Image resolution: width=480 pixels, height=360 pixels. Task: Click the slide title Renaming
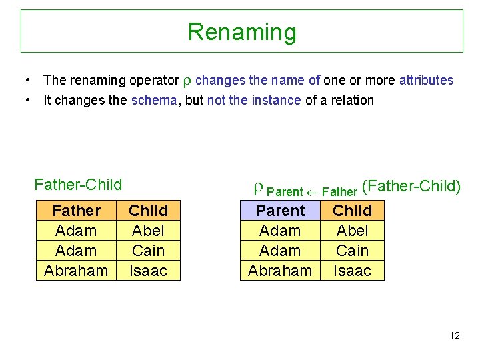(x=241, y=31)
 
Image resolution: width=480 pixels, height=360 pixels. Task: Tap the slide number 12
(x=454, y=335)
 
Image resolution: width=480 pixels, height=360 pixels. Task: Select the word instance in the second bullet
(x=277, y=101)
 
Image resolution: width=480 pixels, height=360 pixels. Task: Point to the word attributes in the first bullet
(x=426, y=81)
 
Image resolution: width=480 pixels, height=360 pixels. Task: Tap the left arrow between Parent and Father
(x=312, y=192)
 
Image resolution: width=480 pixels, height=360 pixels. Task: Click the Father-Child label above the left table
(x=78, y=184)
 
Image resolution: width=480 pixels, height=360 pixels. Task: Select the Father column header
(x=76, y=211)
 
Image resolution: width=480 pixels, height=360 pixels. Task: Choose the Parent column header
(x=280, y=211)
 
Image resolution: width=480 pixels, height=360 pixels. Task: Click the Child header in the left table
(x=148, y=211)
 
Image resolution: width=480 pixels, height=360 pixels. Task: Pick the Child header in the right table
(x=352, y=211)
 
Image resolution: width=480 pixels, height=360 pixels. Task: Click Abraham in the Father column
(x=76, y=271)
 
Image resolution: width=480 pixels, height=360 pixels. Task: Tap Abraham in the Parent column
(x=280, y=271)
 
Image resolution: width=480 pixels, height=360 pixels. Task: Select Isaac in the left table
(x=148, y=271)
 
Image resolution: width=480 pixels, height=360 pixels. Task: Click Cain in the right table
(x=352, y=251)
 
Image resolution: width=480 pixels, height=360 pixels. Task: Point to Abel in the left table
(x=148, y=231)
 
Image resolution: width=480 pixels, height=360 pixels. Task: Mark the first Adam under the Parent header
(x=280, y=231)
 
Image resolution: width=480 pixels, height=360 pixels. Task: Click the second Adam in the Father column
(x=76, y=251)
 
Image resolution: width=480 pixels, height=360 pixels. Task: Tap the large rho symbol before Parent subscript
(x=258, y=189)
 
